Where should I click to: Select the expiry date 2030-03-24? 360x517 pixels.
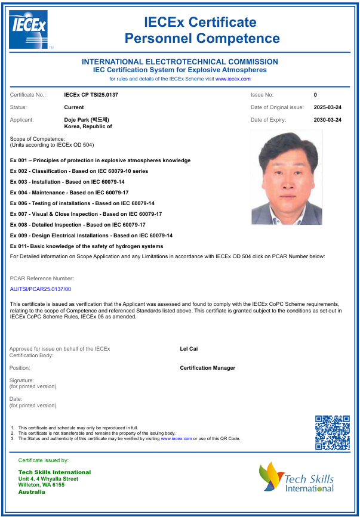(327, 120)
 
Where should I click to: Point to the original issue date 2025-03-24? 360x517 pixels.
(327, 107)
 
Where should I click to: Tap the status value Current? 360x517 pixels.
(73, 107)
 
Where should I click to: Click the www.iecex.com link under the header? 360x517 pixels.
(233, 79)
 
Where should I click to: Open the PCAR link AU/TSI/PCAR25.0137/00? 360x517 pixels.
(41, 289)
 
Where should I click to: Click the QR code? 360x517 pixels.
(332, 432)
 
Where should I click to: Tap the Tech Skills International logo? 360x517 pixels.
(296, 478)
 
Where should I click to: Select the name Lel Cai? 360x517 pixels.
(189, 349)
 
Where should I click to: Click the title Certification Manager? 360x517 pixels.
(207, 368)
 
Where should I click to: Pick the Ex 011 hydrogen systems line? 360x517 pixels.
(87, 246)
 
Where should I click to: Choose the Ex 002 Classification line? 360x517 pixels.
(79, 171)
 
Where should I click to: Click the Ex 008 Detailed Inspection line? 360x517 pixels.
(78, 225)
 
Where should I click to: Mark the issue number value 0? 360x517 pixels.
(315, 95)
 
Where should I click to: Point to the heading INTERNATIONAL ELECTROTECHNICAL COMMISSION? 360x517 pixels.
(180, 62)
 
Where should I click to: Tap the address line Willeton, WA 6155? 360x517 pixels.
(41, 485)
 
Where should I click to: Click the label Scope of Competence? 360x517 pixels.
(38, 139)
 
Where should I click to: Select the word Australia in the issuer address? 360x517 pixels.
(32, 492)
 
